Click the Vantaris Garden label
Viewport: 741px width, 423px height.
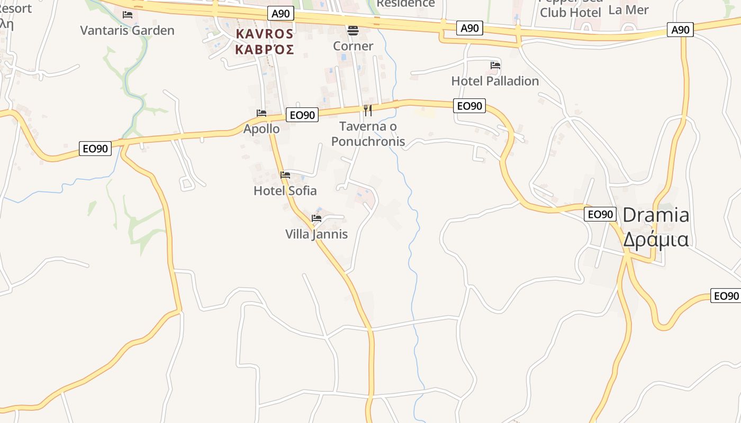pos(127,30)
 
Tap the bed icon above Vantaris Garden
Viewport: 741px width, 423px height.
pos(128,15)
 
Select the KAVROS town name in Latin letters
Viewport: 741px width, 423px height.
pos(265,34)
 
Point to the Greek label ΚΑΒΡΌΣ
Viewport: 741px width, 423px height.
pos(265,50)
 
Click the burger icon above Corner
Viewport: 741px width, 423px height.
pos(353,31)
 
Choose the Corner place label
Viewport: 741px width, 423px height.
pos(353,46)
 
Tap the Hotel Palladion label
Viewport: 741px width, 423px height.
pos(495,81)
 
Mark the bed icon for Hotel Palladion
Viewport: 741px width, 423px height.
pos(495,66)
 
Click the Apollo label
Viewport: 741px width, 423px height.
pos(261,128)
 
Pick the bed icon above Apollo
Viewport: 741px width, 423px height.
pos(261,113)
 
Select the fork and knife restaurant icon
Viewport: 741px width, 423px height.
pos(368,111)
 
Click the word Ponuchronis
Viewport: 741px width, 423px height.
pos(368,141)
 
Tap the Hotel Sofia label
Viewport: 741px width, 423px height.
pos(285,190)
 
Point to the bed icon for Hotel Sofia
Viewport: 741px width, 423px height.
pos(285,175)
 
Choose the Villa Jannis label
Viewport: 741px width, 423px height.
pos(317,234)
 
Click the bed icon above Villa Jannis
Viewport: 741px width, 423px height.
pos(317,218)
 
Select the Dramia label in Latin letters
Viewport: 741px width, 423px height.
pos(656,215)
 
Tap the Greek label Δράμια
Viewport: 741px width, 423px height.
pos(656,240)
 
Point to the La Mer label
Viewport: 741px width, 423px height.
pos(628,10)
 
